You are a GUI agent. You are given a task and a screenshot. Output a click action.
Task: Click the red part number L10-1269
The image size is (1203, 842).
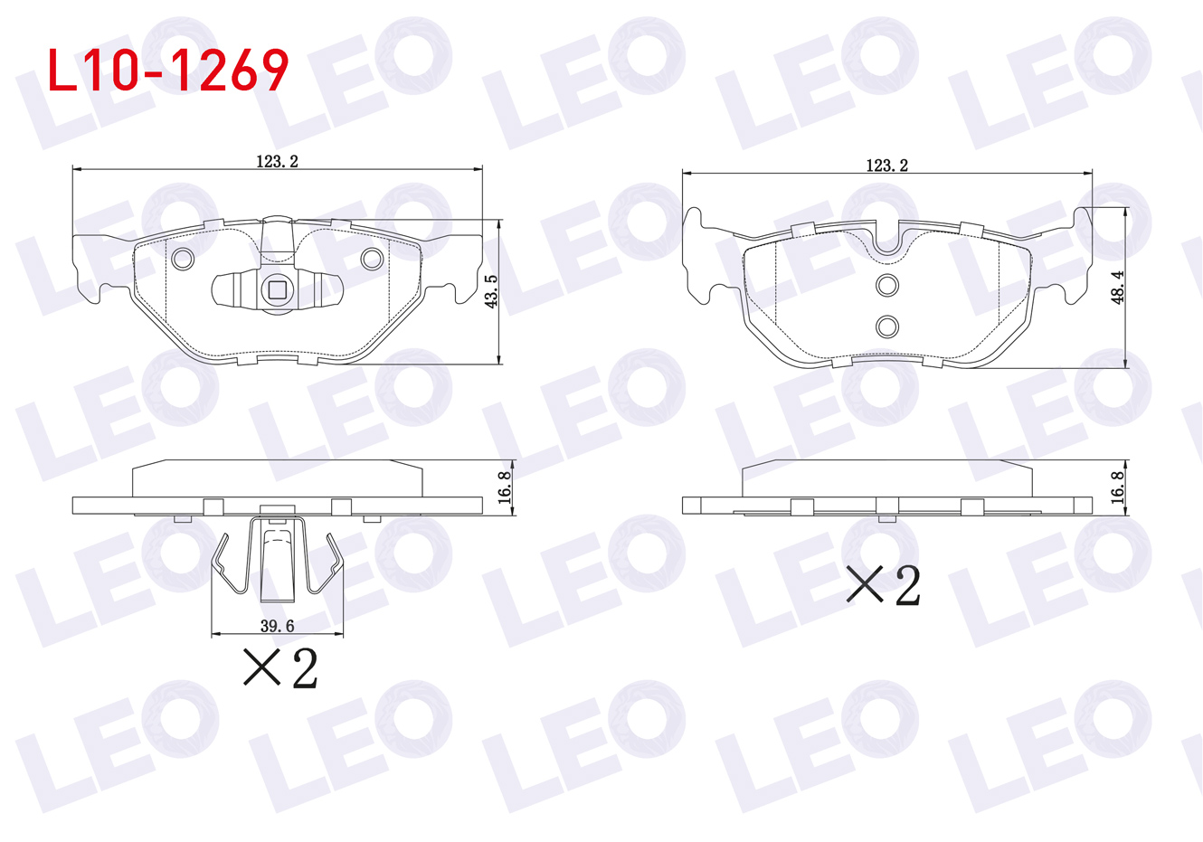[x=168, y=71]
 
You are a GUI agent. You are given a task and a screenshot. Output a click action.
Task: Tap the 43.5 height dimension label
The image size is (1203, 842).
[x=491, y=291]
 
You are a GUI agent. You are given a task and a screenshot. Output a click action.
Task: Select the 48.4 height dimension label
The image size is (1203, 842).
[x=1117, y=288]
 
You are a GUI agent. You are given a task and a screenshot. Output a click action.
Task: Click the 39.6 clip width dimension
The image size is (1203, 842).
[x=277, y=626]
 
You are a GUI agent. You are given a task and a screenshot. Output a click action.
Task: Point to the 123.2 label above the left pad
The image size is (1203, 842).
[x=277, y=161]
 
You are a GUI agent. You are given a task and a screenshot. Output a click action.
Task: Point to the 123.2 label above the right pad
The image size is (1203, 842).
[x=887, y=165]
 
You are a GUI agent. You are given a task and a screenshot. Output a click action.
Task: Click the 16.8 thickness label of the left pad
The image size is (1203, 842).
[x=505, y=487]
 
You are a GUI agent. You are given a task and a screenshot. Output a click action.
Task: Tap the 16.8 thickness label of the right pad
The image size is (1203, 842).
[x=1117, y=487]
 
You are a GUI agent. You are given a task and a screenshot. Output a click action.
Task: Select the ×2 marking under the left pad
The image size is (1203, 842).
[x=280, y=667]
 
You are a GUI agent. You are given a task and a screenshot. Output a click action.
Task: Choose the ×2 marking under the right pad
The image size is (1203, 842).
[x=884, y=585]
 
